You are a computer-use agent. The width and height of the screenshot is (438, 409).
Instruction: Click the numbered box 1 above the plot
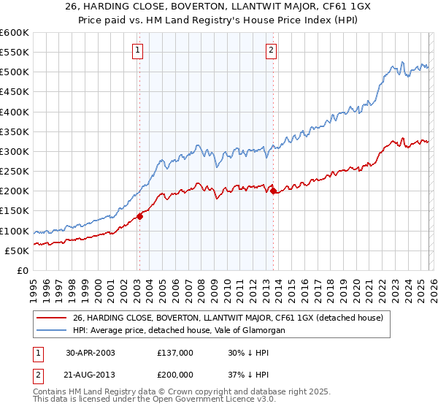point(138,50)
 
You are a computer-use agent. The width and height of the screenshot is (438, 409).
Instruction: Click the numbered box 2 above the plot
point(271,50)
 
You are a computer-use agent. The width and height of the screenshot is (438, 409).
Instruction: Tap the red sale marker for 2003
point(139,215)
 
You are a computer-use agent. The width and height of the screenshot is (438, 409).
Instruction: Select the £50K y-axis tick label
point(17,251)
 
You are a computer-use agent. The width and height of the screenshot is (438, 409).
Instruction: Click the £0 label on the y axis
point(22,270)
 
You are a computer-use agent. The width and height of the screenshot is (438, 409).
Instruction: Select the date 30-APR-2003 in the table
point(91,353)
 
